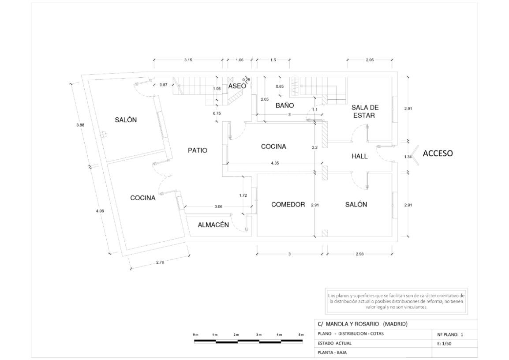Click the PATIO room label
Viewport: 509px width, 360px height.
click(198, 150)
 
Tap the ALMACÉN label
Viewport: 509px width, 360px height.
click(213, 225)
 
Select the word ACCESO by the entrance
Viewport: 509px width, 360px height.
click(438, 154)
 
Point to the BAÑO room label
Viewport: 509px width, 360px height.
click(284, 106)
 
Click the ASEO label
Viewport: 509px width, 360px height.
click(237, 86)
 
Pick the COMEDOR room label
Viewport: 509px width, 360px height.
click(288, 205)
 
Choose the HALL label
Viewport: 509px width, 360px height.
click(359, 156)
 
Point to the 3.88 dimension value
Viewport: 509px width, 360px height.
click(80, 125)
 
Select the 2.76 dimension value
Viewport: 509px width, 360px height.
click(160, 263)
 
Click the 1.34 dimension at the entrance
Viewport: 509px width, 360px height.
click(408, 157)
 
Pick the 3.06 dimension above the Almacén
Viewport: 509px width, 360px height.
click(218, 206)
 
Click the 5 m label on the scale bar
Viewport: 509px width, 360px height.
click(301, 335)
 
